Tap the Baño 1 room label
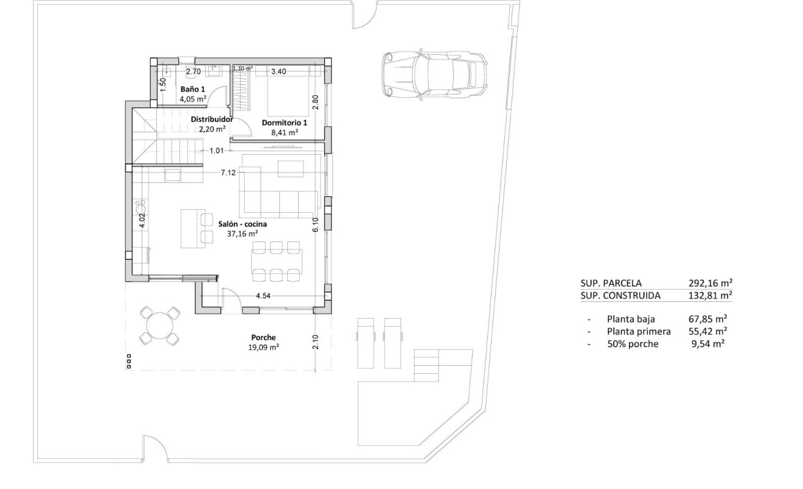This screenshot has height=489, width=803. (189, 89)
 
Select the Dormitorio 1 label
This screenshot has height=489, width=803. (284, 122)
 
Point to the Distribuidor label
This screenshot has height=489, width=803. (212, 120)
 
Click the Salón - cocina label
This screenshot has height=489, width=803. (242, 224)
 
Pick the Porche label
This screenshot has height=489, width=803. (263, 337)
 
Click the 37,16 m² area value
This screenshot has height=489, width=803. (242, 234)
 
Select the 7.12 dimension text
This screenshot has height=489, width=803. (228, 173)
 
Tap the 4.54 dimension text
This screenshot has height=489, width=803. (263, 296)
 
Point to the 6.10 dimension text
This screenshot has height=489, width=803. (316, 225)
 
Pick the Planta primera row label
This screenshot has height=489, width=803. (638, 331)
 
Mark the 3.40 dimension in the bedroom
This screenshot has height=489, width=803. (278, 71)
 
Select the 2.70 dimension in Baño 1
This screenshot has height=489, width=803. (193, 71)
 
